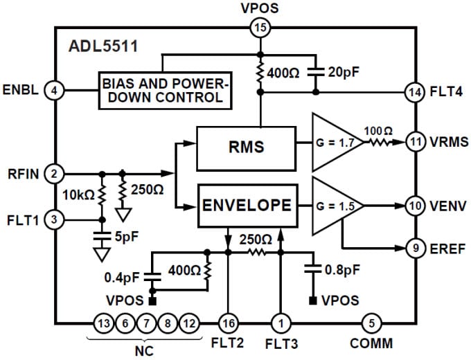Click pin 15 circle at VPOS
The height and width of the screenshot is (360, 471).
click(x=260, y=28)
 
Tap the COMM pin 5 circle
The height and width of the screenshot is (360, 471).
click(x=372, y=323)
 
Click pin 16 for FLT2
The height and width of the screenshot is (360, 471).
click(x=228, y=323)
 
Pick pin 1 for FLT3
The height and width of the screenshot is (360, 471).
click(x=281, y=323)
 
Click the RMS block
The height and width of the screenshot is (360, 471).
click(x=247, y=147)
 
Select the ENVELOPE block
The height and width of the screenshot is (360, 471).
click(x=247, y=206)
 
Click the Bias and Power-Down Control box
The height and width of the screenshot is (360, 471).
click(x=164, y=90)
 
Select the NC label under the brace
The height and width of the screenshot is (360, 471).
click(x=143, y=351)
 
